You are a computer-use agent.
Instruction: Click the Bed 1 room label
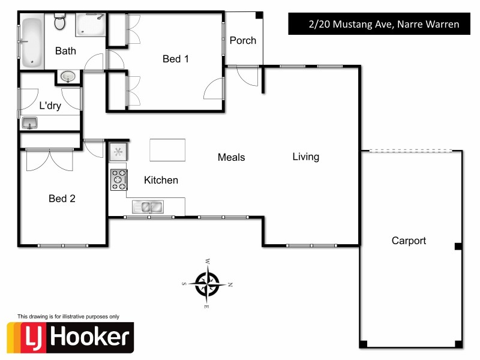click(x=176, y=59)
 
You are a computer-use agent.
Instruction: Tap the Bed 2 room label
click(x=62, y=198)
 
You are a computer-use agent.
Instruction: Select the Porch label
click(x=243, y=41)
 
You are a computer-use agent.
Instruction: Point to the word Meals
click(x=231, y=157)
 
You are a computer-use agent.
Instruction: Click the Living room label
click(x=306, y=157)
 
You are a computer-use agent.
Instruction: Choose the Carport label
click(x=409, y=241)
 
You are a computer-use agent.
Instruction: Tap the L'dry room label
click(x=50, y=106)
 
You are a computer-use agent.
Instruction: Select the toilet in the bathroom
click(x=59, y=23)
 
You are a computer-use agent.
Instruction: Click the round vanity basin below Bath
click(x=67, y=77)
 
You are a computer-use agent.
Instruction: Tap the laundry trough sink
click(x=29, y=123)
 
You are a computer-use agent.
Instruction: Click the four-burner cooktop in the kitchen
click(x=118, y=179)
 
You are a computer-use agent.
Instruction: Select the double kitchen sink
click(x=148, y=207)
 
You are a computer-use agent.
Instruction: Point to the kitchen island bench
click(x=167, y=149)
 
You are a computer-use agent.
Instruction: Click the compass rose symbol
click(x=208, y=282)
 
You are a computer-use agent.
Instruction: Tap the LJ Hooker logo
click(x=70, y=337)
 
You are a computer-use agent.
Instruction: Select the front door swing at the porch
click(x=247, y=76)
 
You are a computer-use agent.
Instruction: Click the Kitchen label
click(x=161, y=180)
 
